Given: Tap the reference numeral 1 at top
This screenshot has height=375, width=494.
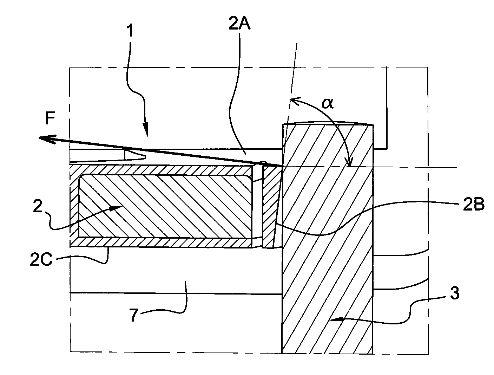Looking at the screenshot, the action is [130, 31].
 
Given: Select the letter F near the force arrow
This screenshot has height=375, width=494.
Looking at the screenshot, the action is [50, 118].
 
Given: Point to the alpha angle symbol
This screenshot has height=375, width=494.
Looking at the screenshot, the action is [328, 103].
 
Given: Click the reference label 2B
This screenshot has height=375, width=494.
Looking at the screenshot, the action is [474, 205].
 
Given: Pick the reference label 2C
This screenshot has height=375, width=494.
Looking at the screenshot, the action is [41, 260].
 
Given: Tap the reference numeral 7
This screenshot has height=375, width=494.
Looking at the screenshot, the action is [133, 315].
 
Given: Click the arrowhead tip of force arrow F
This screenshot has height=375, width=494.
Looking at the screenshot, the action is [39, 138].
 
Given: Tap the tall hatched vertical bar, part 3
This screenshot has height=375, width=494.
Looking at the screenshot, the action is [328, 239].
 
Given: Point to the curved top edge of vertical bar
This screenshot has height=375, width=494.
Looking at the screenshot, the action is [328, 123].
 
